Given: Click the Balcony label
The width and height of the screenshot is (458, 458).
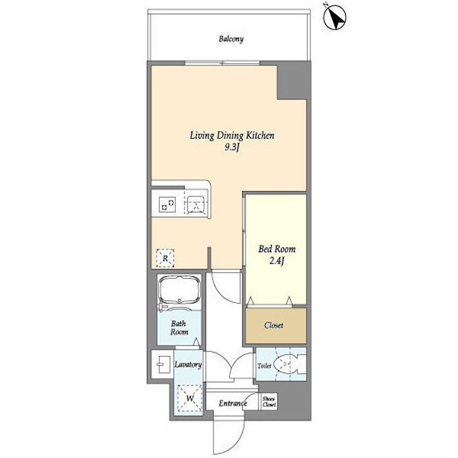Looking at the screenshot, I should pyautogui.click(x=231, y=40).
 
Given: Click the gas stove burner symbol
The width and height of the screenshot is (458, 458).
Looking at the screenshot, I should pyautogui.click(x=168, y=204).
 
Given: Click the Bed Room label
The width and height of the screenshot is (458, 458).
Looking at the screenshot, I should pyautogui.click(x=277, y=250).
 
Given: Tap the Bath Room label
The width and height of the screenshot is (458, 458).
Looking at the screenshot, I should pyautogui.click(x=179, y=327).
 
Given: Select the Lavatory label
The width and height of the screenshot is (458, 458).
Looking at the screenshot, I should pyautogui.click(x=187, y=364).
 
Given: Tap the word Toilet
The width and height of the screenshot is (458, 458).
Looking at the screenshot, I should pyautogui.click(x=264, y=365).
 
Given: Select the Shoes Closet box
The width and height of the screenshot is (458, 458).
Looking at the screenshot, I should pyautogui.click(x=269, y=401).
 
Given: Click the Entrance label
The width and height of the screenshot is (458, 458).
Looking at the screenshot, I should pyautogui.click(x=233, y=404).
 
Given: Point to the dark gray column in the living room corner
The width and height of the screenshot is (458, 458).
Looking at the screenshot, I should pyautogui.click(x=292, y=81).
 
